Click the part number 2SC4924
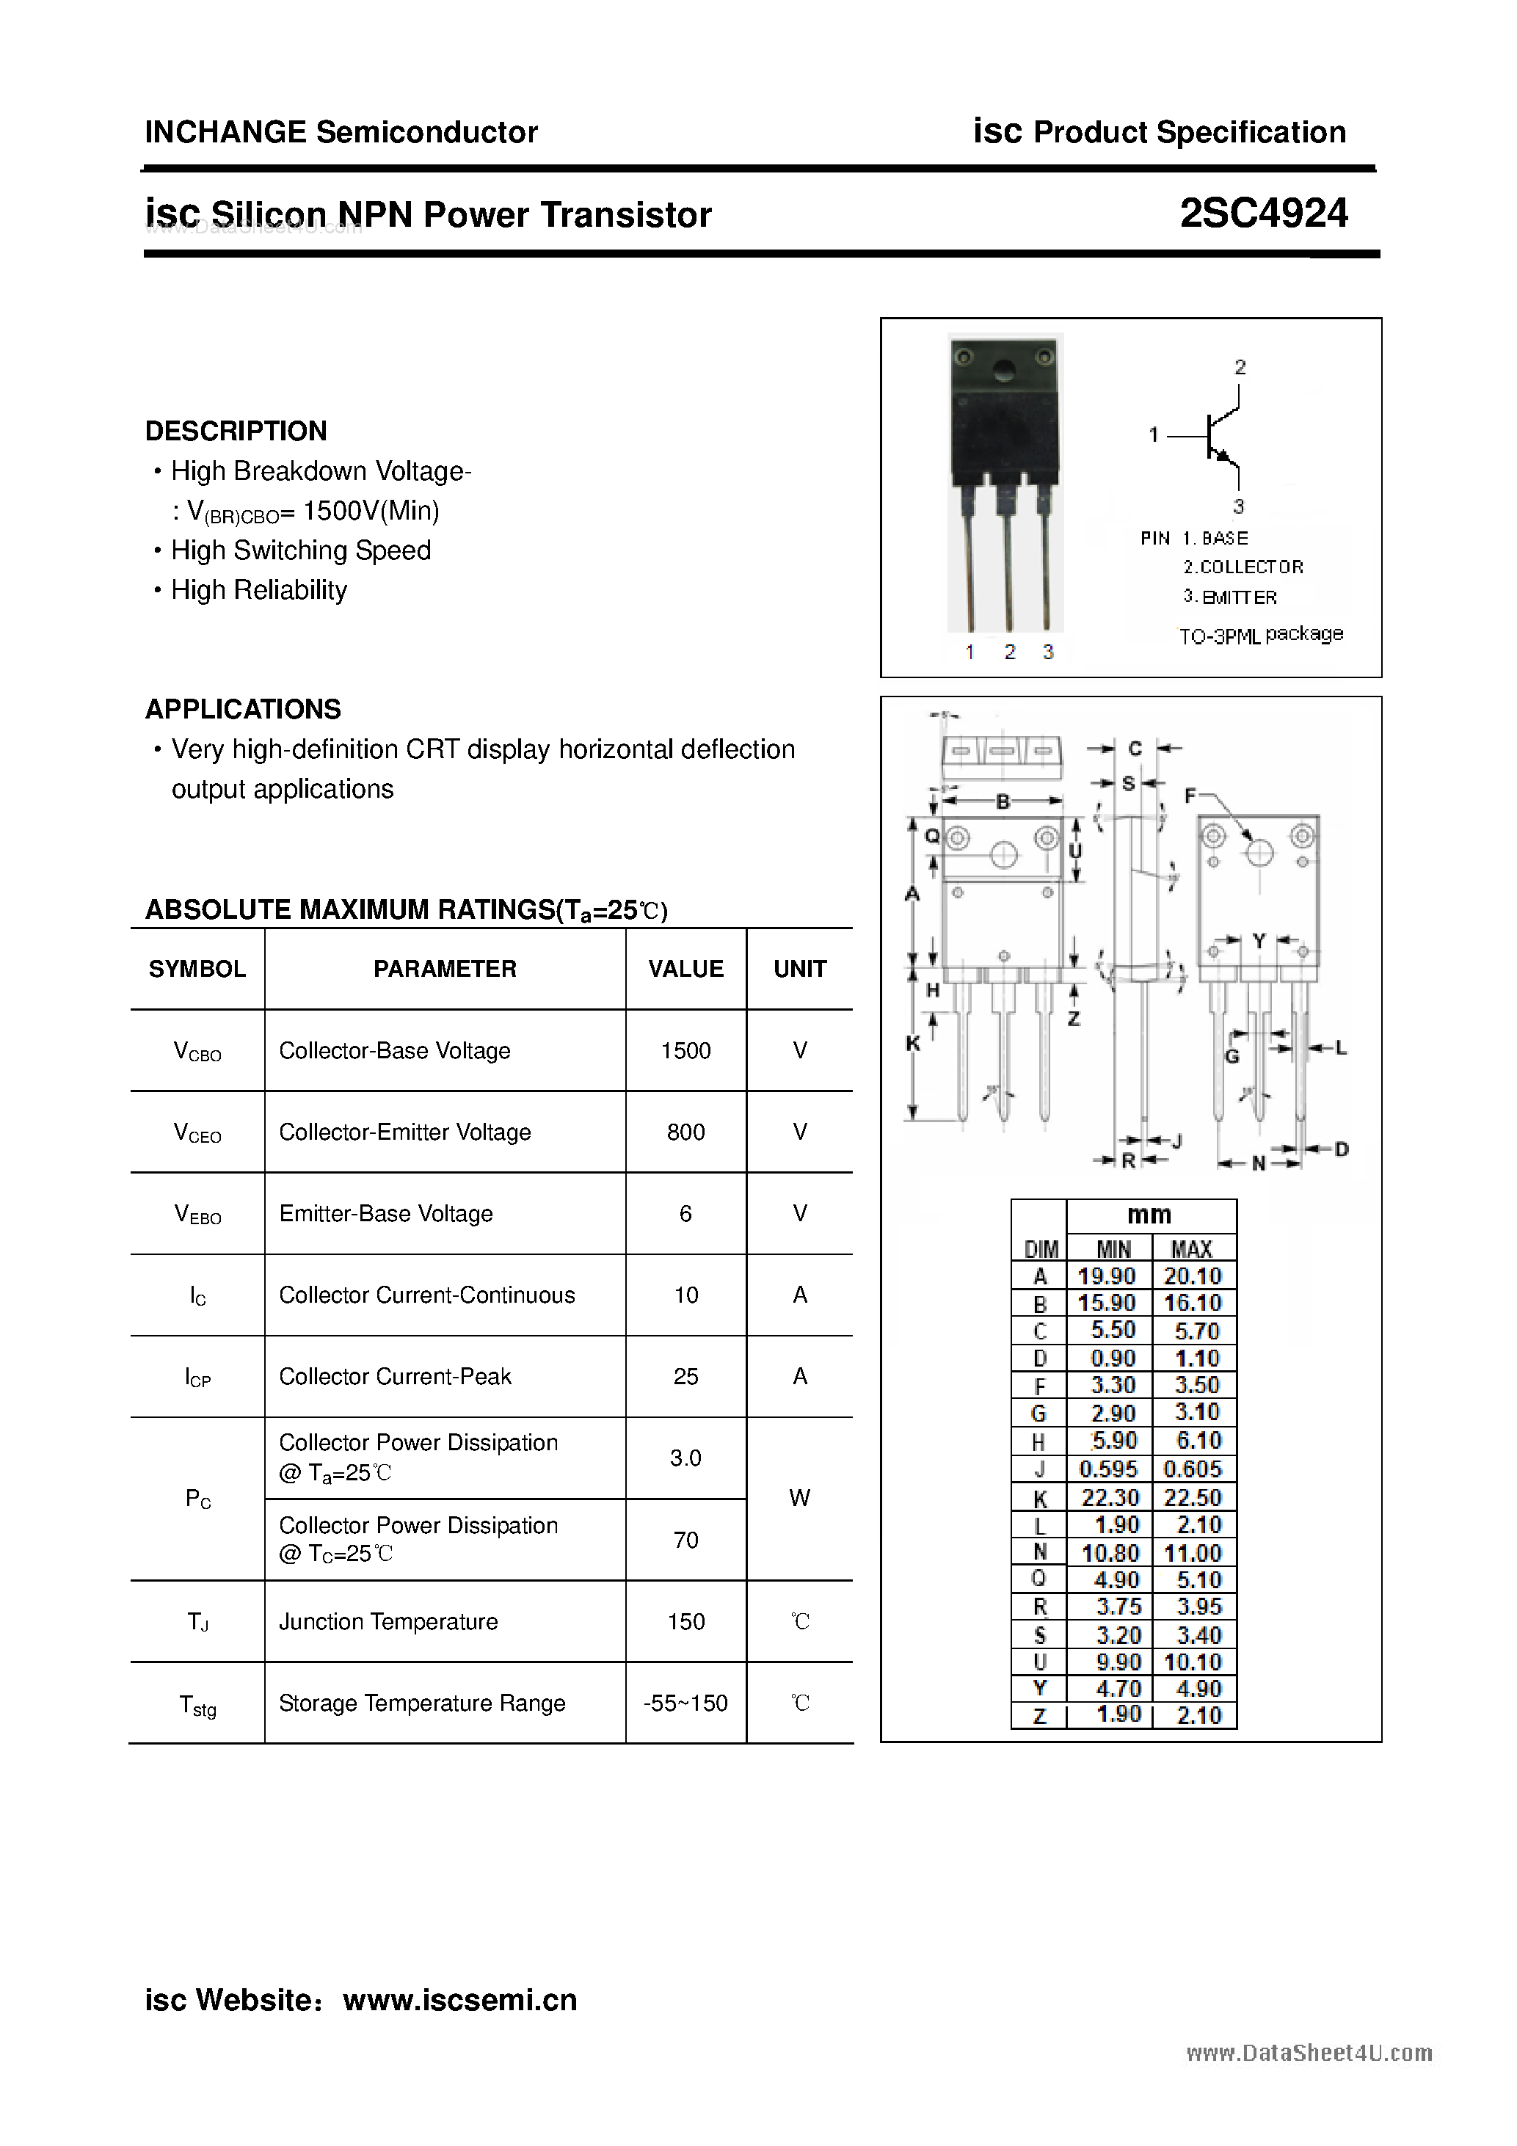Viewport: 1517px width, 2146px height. coord(1263,214)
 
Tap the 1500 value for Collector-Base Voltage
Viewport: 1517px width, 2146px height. coord(685,1050)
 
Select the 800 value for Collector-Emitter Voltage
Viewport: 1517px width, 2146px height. coord(685,1132)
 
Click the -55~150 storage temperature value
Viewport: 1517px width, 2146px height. coord(685,1703)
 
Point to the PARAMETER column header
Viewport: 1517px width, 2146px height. coord(444,970)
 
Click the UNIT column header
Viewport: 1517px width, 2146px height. coord(799,970)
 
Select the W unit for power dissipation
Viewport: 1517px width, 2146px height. coord(799,1498)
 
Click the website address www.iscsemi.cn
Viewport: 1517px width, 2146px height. coord(460,2000)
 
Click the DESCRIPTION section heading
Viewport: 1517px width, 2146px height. coord(236,431)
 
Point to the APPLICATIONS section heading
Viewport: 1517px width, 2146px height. coord(243,710)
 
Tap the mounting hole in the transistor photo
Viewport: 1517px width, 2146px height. coord(1005,371)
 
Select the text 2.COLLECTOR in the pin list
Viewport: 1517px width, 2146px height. coord(1243,567)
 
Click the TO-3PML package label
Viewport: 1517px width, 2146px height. coord(1260,636)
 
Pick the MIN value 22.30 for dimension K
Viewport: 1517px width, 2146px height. coord(1110,1497)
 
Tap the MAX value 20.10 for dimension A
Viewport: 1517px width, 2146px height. coord(1193,1276)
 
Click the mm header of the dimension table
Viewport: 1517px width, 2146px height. coord(1149,1215)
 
